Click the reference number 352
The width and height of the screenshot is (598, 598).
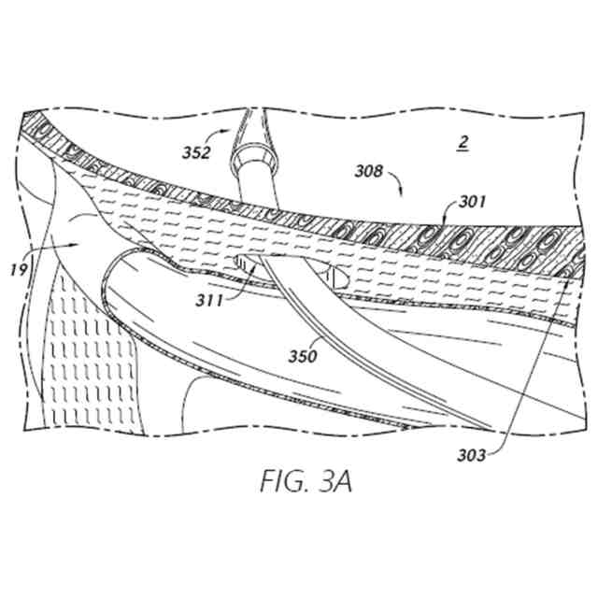click(197, 152)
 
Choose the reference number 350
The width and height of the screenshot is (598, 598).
click(303, 355)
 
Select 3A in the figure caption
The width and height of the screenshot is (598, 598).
click(334, 483)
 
